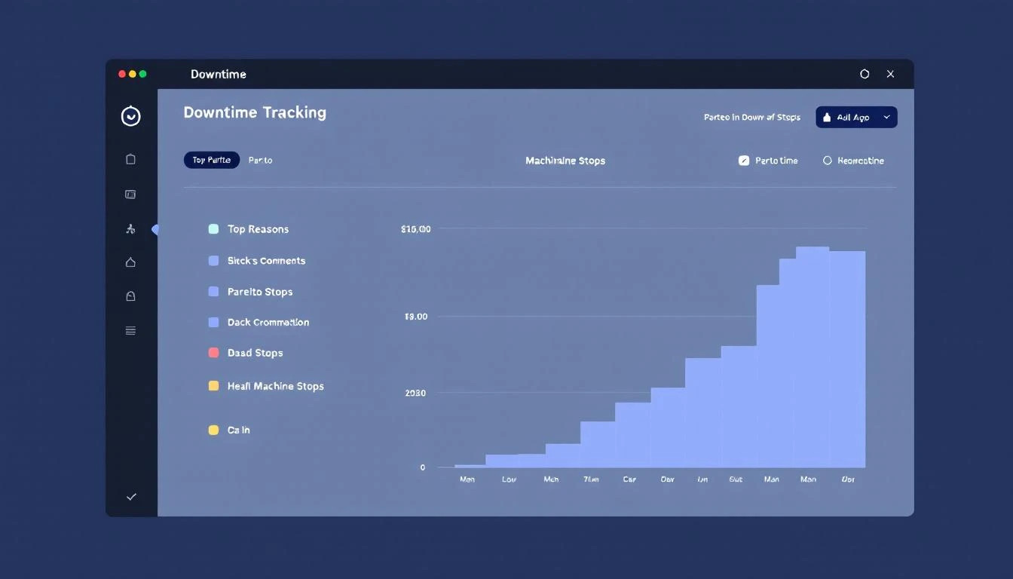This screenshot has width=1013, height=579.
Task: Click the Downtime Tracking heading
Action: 255,112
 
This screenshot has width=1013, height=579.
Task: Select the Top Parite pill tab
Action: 211,160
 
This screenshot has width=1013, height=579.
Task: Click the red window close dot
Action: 122,74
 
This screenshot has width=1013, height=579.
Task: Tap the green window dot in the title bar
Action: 143,74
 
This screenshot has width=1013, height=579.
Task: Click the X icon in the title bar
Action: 890,74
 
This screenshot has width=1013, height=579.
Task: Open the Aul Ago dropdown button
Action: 856,117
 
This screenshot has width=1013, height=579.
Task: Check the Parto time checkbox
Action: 744,161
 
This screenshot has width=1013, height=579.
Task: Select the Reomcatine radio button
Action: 827,161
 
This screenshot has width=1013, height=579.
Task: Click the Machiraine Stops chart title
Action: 565,161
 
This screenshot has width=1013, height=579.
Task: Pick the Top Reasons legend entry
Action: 258,229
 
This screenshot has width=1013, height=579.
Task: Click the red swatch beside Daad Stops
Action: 213,353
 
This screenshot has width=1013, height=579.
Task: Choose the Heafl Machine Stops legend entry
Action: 275,386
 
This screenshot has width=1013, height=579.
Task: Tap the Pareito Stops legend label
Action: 260,292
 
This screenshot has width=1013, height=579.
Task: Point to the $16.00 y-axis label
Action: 416,229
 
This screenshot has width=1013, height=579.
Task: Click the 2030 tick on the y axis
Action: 415,393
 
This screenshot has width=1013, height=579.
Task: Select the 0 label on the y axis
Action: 423,467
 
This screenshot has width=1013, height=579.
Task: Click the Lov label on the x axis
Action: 509,479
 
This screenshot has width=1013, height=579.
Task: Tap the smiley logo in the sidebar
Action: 131,116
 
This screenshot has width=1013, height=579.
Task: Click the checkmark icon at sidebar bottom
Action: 131,497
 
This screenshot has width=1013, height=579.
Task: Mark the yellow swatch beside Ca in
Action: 213,430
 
